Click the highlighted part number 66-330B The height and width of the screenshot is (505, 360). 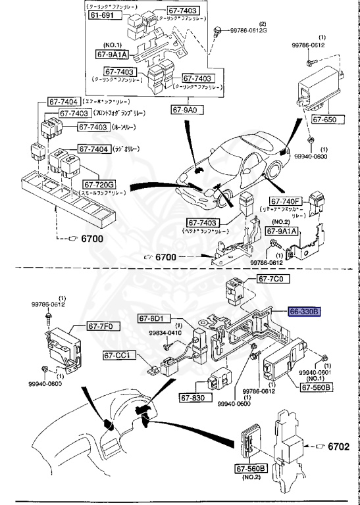303,312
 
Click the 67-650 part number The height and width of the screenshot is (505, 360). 324,120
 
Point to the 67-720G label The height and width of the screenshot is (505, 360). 98,185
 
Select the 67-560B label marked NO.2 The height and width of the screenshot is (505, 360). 251,469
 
